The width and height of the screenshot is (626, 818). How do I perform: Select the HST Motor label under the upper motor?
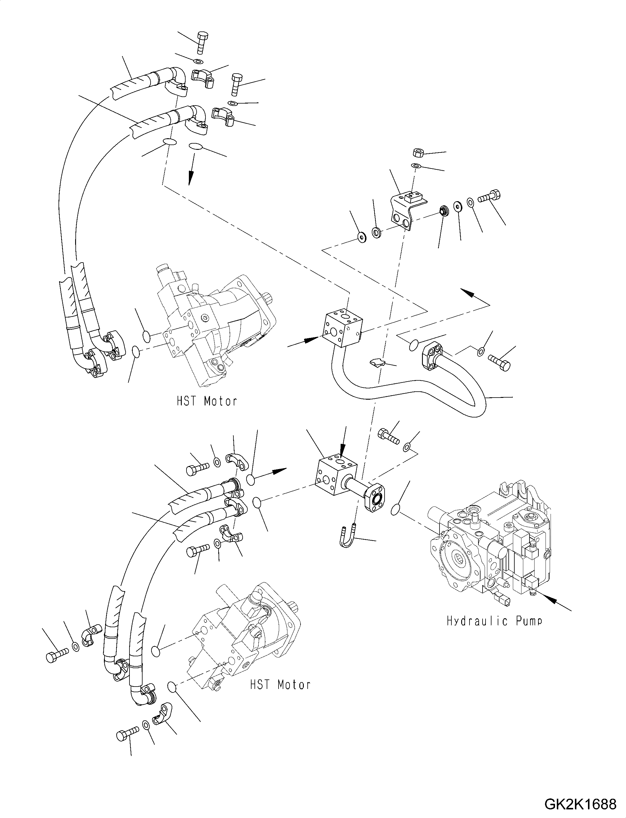coord(207,401)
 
